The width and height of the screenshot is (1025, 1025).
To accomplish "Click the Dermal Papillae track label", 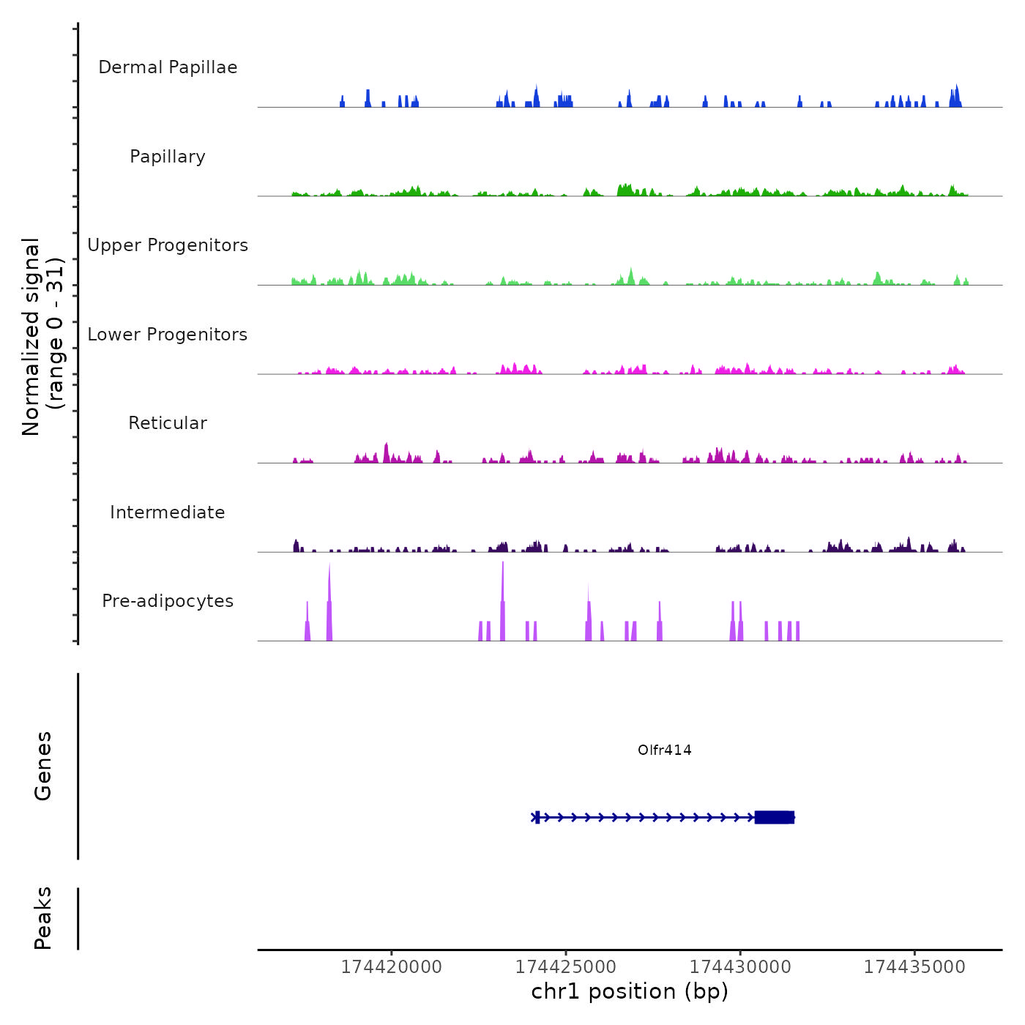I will [x=168, y=67].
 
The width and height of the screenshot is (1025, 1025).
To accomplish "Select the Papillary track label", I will [x=168, y=157].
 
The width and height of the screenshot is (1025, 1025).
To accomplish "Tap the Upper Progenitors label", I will [x=168, y=245].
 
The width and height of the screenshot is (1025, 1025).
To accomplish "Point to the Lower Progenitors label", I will [x=168, y=335].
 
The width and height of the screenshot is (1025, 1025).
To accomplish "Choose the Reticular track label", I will [x=168, y=423].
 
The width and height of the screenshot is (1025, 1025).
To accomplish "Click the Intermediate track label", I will [x=168, y=512].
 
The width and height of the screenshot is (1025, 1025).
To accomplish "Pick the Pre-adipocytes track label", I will [x=168, y=601].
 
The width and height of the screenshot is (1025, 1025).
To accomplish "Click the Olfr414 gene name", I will [x=664, y=750].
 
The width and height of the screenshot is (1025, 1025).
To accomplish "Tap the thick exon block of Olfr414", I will [x=774, y=817].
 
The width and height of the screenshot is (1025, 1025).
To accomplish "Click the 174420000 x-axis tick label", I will [x=392, y=967].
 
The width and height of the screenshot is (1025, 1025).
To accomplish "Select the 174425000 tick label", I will [x=566, y=967].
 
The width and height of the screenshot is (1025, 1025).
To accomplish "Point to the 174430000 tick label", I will [x=740, y=967].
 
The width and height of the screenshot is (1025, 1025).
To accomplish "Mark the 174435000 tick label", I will [x=914, y=967].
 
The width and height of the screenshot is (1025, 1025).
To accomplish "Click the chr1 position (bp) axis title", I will [x=630, y=991].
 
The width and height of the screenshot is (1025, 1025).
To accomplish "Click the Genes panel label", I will [x=43, y=766].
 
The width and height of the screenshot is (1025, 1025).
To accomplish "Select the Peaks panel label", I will [x=43, y=918].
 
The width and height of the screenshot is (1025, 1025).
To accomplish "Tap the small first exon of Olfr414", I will [x=537, y=817].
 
